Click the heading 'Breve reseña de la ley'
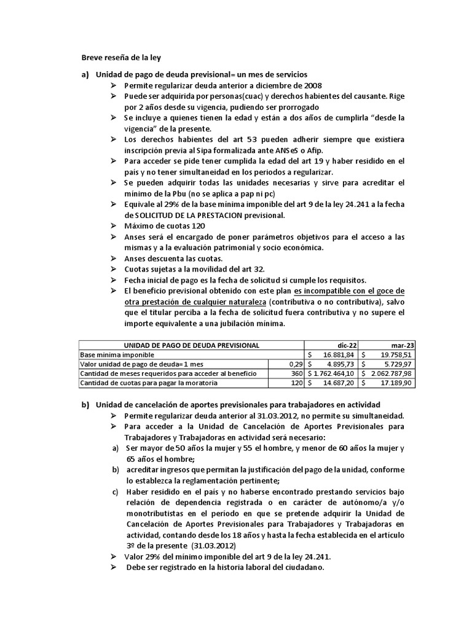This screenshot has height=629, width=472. pos(121,58)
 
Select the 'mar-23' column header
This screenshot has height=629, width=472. pos(403,345)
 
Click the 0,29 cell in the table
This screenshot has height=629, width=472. pos(296,364)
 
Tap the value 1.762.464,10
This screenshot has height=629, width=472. pos(336,373)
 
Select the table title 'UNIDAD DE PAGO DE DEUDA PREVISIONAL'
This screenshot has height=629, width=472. pos(192,345)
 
